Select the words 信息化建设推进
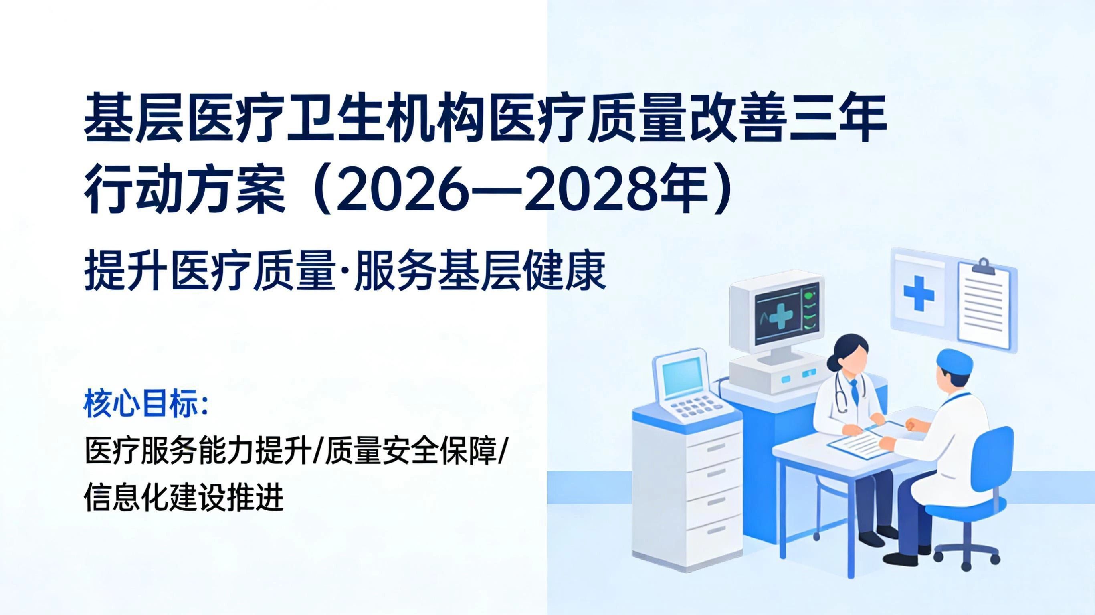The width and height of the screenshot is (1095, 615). click(x=183, y=497)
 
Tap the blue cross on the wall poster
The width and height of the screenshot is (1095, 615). click(x=919, y=293)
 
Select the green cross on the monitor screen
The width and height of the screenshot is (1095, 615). click(x=781, y=315)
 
